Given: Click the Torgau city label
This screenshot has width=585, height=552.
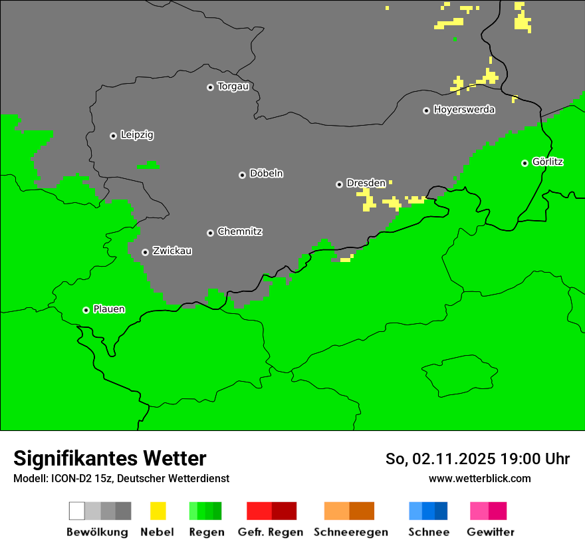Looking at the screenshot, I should (233, 86).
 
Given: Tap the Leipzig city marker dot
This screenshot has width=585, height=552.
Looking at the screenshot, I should (113, 136).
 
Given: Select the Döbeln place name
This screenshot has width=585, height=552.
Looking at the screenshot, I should (266, 174).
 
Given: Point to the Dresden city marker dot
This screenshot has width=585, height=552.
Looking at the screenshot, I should (339, 184).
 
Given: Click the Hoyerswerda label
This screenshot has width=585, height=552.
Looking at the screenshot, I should (464, 110).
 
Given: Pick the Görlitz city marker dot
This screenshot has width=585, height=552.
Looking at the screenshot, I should (525, 163).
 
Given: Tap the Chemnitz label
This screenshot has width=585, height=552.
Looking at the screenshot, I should (239, 231).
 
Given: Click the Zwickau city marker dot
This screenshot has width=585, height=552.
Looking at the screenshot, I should (145, 252).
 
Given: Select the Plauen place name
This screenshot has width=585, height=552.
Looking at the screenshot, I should (109, 309).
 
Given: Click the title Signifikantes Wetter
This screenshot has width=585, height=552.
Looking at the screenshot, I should (110, 459).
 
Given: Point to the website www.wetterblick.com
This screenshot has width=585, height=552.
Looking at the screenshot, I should (479, 478).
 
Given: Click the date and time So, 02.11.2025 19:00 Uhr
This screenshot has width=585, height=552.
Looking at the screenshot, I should (477, 459).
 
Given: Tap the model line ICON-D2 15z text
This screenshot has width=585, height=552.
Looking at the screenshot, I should (121, 478).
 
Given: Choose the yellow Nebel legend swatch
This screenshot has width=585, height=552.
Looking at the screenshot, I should (158, 511).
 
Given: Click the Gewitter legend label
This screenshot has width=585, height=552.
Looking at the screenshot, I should (491, 532).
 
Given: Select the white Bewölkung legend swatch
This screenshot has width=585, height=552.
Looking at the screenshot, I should (77, 511).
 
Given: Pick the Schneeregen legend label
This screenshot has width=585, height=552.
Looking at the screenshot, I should (351, 532).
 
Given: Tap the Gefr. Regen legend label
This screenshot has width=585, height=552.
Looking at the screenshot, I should (271, 532).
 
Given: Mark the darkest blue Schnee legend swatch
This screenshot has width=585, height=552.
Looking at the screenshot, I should (441, 511).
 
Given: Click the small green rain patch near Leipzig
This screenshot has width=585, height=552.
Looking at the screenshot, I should (149, 164).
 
